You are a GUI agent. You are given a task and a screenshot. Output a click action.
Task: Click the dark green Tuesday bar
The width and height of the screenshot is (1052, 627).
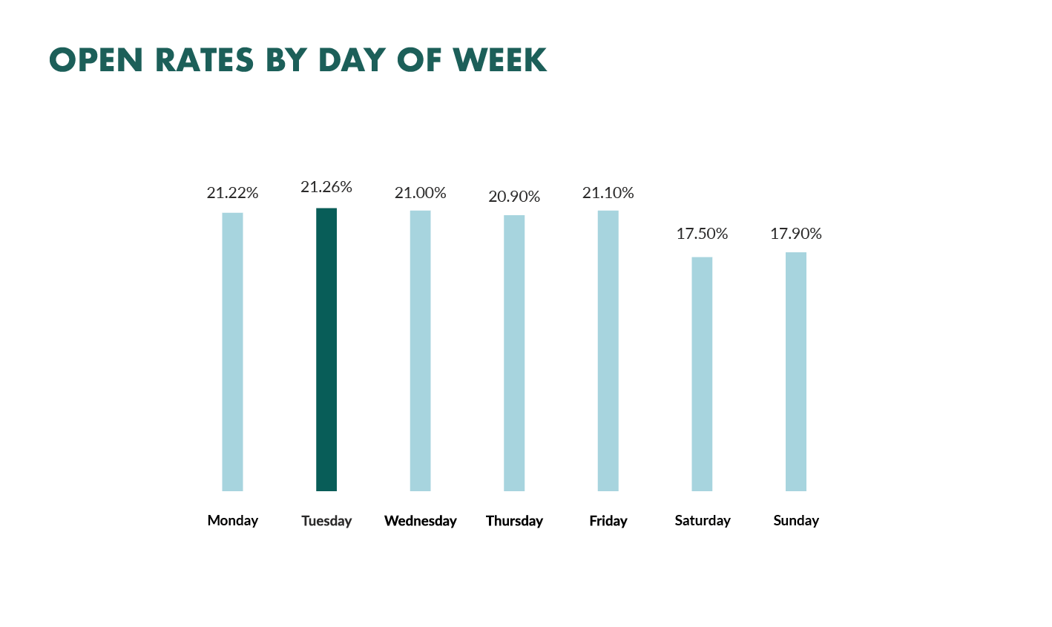(x=326, y=349)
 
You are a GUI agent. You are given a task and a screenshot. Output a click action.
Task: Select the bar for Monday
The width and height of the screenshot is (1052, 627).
(x=232, y=352)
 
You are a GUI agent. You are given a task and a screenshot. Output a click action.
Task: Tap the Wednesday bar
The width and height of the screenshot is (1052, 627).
(x=420, y=350)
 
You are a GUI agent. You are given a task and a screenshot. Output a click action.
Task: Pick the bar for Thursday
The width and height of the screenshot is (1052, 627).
(x=514, y=353)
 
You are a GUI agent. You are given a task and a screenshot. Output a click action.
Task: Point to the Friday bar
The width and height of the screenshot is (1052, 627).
(x=608, y=350)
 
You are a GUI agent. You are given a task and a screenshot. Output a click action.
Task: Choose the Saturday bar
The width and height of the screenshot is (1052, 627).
(x=702, y=374)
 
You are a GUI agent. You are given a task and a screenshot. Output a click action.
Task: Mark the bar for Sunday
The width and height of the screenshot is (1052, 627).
(x=796, y=372)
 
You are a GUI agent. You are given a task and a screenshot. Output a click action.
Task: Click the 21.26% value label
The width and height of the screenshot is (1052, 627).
(x=326, y=187)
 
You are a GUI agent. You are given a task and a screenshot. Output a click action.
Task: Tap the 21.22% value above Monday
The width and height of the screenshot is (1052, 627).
(x=232, y=193)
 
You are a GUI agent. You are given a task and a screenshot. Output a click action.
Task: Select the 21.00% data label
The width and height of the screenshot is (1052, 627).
(x=420, y=193)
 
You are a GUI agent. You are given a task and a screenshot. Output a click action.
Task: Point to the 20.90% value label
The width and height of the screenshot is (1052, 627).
(x=514, y=197)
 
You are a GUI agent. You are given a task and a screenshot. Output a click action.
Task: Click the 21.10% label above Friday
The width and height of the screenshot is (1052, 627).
(x=608, y=193)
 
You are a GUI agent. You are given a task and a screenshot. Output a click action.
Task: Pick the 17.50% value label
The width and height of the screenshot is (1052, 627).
(x=702, y=234)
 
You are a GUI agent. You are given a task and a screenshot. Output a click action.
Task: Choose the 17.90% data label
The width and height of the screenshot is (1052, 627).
(x=796, y=234)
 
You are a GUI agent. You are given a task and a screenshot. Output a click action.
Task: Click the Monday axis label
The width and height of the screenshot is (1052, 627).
(x=233, y=520)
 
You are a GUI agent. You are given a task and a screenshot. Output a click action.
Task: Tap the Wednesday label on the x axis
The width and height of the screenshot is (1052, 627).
(x=421, y=521)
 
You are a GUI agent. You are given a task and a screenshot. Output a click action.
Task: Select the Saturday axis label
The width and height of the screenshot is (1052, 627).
(x=703, y=521)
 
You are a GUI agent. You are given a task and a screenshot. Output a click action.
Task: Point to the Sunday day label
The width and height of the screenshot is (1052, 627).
(x=796, y=521)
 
